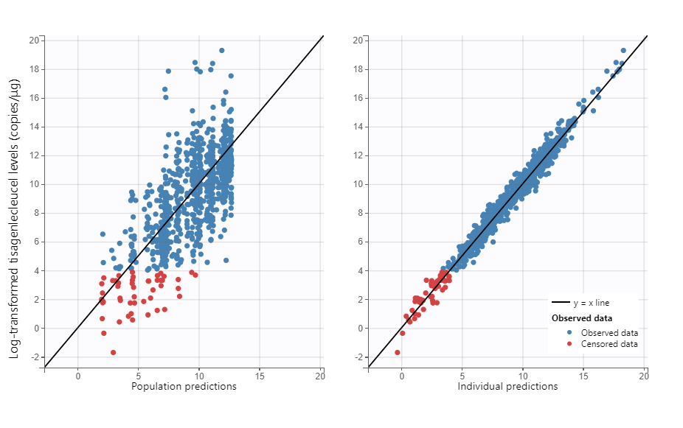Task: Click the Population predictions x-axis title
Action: [184, 386]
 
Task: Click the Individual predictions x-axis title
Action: [507, 386]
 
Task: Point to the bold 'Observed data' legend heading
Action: [582, 318]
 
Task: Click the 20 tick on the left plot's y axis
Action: [34, 40]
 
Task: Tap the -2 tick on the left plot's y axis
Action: [34, 357]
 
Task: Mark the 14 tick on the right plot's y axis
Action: [358, 127]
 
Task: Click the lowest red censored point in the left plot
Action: [113, 353]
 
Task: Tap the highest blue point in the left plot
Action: [221, 51]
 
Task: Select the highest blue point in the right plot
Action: [623, 51]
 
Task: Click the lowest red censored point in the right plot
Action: [398, 353]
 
